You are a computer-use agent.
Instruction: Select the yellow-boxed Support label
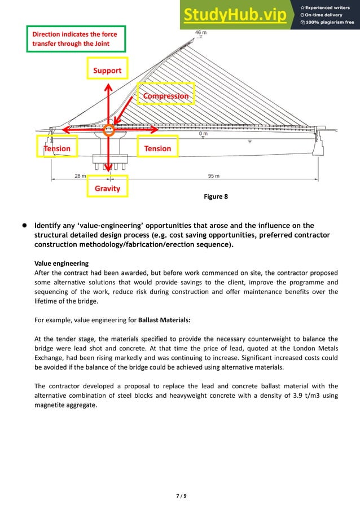tap(107, 71)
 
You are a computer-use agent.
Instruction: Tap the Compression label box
tap(166, 96)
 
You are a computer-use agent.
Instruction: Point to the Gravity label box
tap(107, 188)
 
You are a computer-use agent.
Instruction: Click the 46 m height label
tap(201, 33)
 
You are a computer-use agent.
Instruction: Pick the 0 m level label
tap(203, 134)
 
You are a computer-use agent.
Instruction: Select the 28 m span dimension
tap(80, 176)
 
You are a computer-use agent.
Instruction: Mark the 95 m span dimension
tap(214, 176)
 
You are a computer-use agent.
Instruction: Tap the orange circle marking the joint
tap(109, 130)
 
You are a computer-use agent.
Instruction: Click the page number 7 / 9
tap(181, 496)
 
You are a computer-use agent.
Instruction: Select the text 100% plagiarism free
tap(329, 23)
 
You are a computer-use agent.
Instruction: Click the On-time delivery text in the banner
tap(326, 14)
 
